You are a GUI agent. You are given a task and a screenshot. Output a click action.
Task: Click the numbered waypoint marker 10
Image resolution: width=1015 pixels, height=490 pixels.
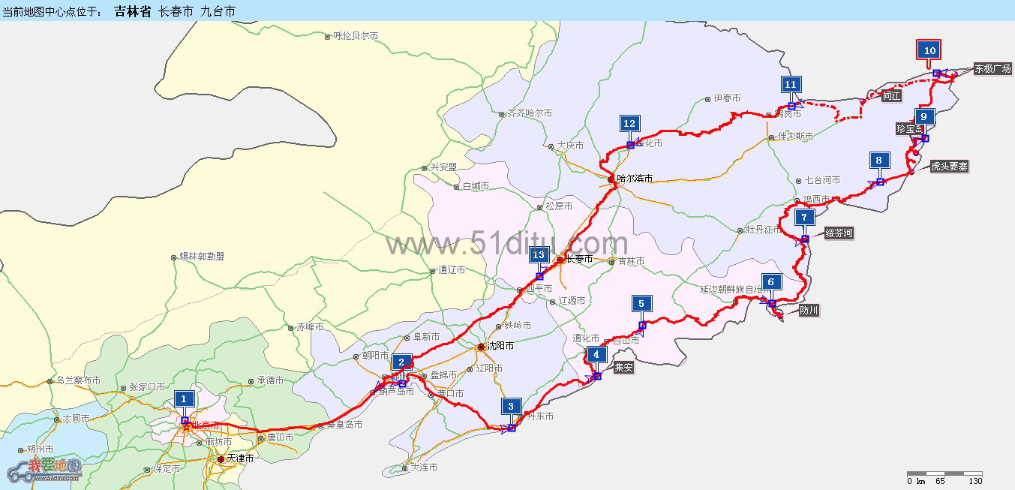coord(929,50)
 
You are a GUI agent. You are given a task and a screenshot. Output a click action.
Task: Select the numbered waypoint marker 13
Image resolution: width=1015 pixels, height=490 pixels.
coord(538,255)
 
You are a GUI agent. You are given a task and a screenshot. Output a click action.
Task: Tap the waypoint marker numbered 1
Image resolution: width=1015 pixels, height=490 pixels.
coord(184,398)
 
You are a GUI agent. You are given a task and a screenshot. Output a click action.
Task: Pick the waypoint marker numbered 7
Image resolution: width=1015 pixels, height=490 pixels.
coord(803,218)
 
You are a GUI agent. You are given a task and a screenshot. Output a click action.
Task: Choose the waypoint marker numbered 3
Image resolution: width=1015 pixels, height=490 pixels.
coord(511,407)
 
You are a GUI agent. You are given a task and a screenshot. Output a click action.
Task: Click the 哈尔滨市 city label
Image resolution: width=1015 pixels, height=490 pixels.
coord(634,179)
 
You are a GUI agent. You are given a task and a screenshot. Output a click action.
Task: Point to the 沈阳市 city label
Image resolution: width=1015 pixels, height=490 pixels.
coord(500,346)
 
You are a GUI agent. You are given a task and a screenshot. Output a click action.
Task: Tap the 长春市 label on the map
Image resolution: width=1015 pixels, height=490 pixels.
coord(578,259)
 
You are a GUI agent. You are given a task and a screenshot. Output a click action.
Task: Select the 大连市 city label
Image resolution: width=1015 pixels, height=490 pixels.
coord(424,467)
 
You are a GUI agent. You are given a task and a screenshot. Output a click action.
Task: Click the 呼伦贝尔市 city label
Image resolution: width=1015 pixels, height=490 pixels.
coord(356,35)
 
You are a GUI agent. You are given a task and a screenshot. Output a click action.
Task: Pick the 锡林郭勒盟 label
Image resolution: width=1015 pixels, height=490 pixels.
coord(202,257)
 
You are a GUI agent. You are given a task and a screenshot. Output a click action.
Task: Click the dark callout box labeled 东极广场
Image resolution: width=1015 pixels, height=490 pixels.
coord(992,69)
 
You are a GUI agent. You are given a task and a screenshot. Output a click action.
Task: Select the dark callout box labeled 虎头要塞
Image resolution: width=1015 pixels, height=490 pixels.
coord(948,167)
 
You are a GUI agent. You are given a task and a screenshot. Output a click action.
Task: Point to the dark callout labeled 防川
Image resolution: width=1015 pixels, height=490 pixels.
coord(809,310)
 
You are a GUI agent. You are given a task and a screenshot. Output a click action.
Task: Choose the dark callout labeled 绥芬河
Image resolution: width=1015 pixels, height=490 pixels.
coord(839,234)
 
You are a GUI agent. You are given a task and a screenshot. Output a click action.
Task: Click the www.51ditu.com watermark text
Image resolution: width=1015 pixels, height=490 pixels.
coord(507,243)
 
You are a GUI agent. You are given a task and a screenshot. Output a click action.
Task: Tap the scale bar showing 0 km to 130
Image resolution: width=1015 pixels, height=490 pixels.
coord(944,478)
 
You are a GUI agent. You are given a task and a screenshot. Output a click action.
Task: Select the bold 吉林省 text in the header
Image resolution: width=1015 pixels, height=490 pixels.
coord(133,11)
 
